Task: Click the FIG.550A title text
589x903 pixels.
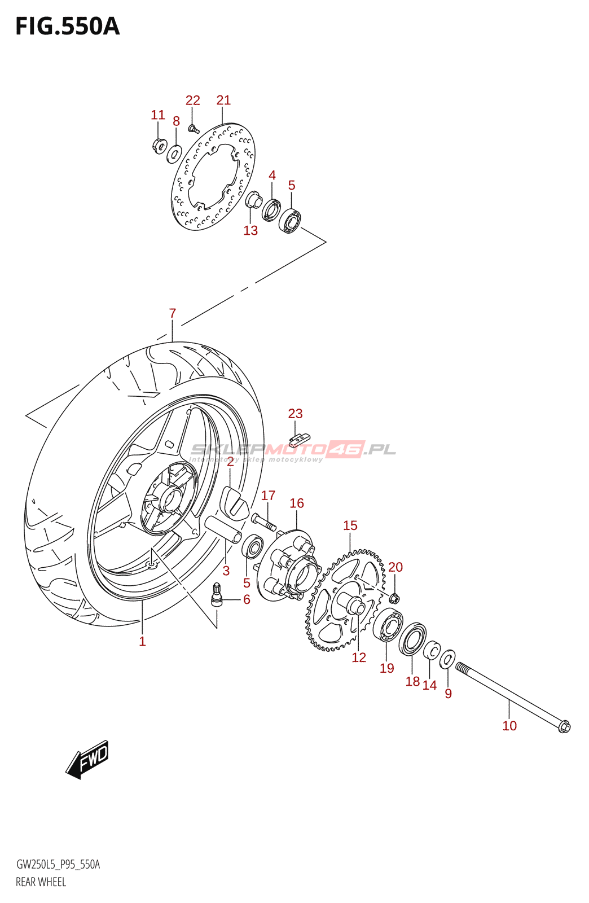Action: coord(68,27)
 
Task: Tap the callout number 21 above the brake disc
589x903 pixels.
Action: coord(223,100)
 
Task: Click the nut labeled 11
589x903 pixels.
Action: coord(159,146)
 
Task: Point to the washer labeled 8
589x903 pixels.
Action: coord(174,153)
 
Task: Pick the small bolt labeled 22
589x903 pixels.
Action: coord(194,129)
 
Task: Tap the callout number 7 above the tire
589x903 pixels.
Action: coord(173,313)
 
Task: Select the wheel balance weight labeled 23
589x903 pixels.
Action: coord(300,438)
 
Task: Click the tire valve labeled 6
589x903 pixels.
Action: coord(217,596)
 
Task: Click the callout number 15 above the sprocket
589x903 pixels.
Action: coord(350,526)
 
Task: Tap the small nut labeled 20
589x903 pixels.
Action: coord(395,597)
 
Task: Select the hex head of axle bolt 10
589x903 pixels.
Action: coord(564,726)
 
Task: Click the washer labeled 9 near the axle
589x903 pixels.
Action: coord(447,659)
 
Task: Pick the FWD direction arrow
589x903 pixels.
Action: coord(88,759)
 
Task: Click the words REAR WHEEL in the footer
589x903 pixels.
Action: coord(41,882)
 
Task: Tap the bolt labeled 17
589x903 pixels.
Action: coord(263,521)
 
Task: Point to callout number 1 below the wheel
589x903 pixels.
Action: coord(143,642)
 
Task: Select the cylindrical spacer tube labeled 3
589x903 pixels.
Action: coord(223,530)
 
